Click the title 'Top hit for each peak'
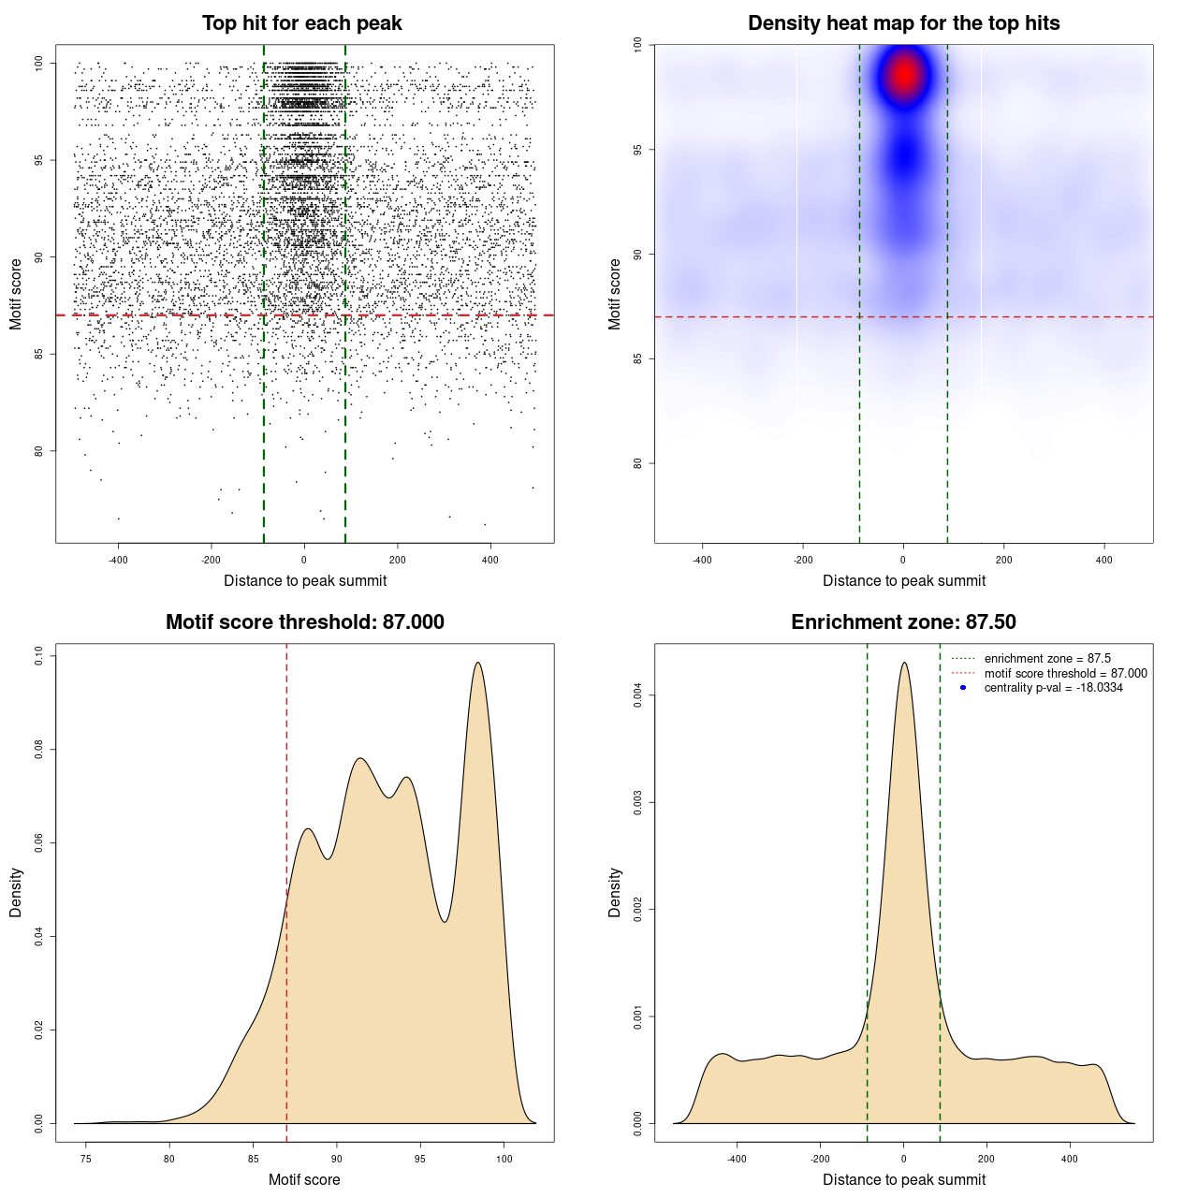point(301,23)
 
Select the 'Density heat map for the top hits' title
point(903,23)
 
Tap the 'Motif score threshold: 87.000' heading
point(304,622)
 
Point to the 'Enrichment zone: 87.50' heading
point(903,622)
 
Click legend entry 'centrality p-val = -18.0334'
point(1053,688)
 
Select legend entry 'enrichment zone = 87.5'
point(1047,659)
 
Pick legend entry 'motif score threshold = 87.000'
point(1065,674)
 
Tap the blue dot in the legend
point(963,688)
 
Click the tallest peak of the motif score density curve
point(478,663)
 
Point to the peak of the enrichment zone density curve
point(904,663)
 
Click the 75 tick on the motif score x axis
point(86,1159)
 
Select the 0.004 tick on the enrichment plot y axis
point(637,695)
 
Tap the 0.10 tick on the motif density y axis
point(38,656)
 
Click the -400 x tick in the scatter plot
point(118,560)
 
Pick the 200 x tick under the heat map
point(1003,560)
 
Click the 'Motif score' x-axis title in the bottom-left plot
point(304,1179)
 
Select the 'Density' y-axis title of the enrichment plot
point(615,892)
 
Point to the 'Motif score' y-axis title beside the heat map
point(615,294)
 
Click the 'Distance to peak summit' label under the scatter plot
point(305,580)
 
